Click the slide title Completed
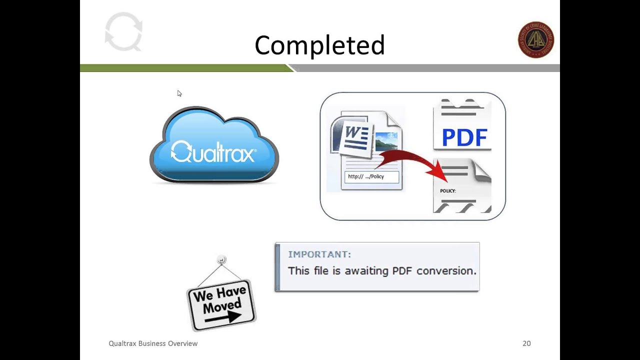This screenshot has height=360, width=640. (319, 45)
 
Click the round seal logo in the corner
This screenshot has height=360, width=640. (535, 40)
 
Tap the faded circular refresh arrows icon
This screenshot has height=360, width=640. (123, 32)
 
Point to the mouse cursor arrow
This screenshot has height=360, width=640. (179, 93)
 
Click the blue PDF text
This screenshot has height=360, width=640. (464, 137)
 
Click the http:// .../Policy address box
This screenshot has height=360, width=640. (371, 176)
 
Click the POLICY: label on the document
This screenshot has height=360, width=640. (447, 191)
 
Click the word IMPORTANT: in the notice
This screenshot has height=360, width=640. (319, 254)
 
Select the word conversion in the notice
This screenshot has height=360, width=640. (446, 270)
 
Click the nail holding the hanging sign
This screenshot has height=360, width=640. (222, 260)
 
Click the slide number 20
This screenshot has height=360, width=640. (526, 343)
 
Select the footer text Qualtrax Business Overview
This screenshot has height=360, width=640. (153, 343)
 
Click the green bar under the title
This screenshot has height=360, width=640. (185, 68)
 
